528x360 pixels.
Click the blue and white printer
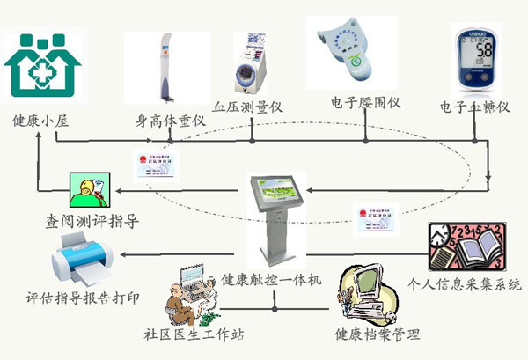point(84,255)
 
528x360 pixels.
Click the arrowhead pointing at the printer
point(125,254)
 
